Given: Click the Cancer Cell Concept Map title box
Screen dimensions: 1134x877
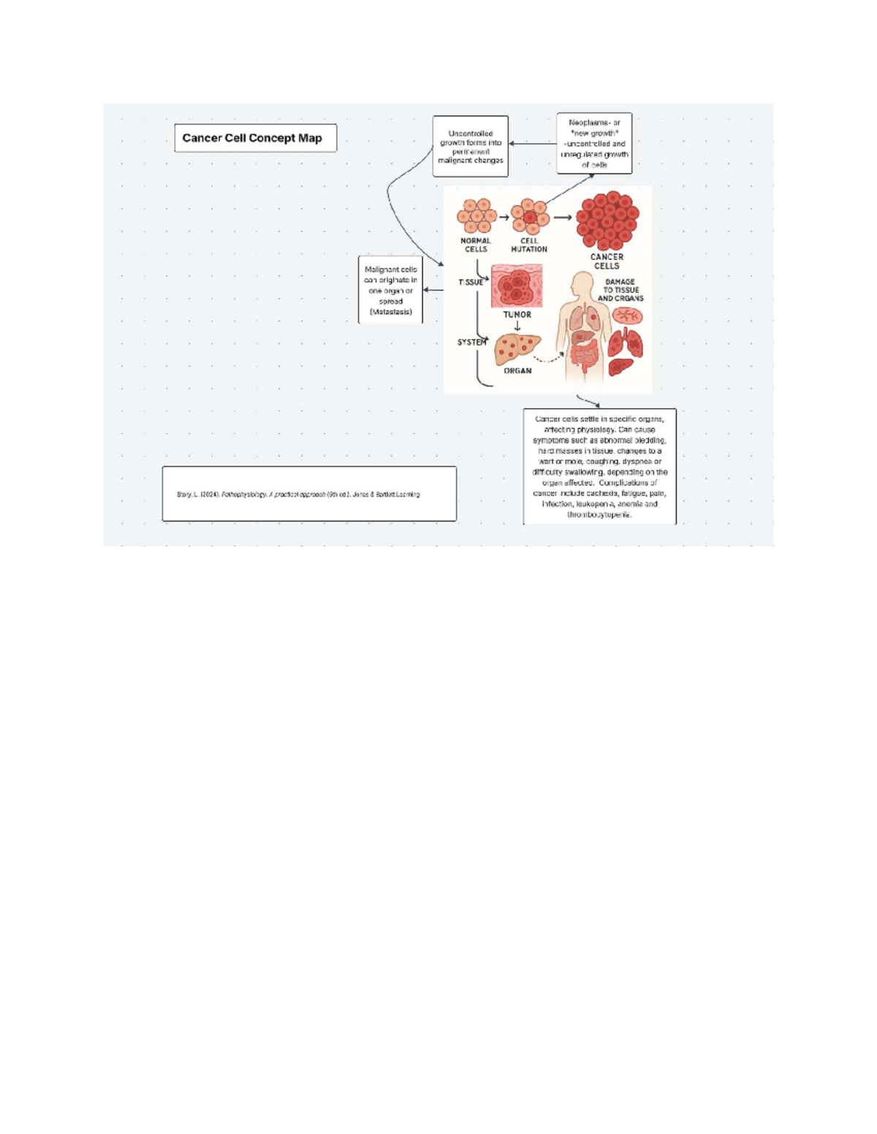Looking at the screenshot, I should point(255,138).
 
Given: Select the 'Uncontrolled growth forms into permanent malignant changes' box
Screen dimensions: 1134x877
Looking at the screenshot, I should point(470,147).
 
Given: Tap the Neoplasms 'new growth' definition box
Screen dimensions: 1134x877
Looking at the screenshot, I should point(594,143).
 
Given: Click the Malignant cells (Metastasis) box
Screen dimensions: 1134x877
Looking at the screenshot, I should point(390,290).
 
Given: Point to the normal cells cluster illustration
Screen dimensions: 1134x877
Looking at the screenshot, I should point(477,216).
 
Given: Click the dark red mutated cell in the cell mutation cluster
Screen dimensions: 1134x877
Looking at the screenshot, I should point(529,218).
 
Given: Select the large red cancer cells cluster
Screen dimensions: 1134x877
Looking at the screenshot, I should point(607,221).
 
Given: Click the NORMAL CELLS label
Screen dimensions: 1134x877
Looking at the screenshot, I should point(476,245).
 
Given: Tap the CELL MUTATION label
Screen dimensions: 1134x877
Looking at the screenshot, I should point(529,245).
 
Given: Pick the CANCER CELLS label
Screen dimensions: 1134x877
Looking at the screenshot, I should point(607,261).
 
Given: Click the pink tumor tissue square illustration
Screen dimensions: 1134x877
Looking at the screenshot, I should point(517,286).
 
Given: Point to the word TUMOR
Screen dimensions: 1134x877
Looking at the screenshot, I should point(517,315).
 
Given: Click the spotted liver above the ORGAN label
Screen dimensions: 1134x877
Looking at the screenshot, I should point(517,348).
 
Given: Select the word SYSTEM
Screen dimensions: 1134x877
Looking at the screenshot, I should point(471,342).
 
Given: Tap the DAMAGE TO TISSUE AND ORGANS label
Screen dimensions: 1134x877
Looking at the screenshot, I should point(620,290).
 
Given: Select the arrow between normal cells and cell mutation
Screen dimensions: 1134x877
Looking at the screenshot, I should point(504,217).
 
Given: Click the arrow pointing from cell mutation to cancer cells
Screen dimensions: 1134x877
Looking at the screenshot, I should point(562,217).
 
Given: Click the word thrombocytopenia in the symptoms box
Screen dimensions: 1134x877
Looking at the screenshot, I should point(599,515).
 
